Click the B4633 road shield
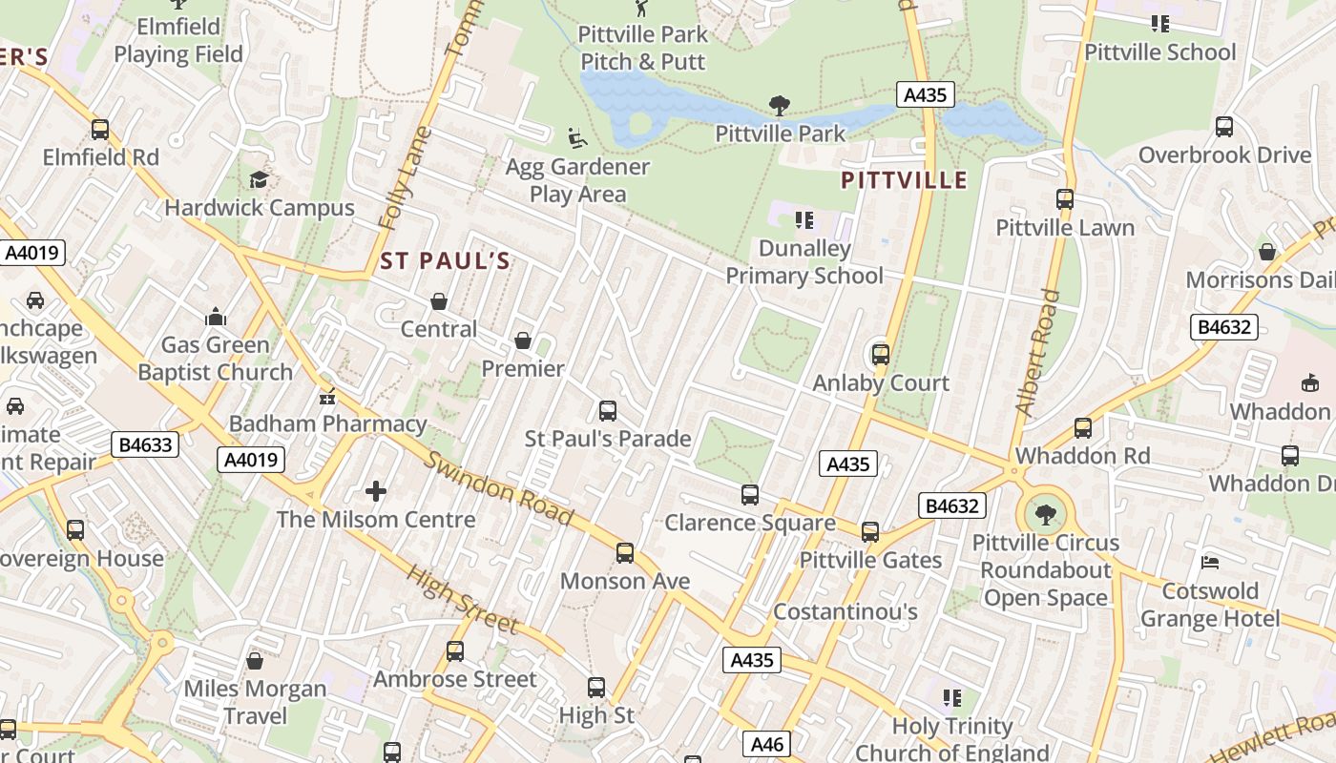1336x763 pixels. tap(145, 444)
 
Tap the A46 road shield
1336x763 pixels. tap(767, 744)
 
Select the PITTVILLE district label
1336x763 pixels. tap(905, 179)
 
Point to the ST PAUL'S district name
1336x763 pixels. tap(445, 260)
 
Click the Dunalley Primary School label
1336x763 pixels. tap(804, 262)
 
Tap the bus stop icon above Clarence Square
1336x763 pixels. tap(750, 495)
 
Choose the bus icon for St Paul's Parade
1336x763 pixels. tap(607, 411)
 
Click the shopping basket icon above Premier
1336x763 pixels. tap(523, 340)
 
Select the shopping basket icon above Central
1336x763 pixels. tap(439, 301)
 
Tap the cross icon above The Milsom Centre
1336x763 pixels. tap(376, 491)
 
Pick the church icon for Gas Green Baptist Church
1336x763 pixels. tap(216, 317)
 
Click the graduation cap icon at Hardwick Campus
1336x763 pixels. tap(259, 179)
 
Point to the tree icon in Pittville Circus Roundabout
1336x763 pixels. tap(1046, 515)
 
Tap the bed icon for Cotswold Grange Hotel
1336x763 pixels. tap(1210, 563)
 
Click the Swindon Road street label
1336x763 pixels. tap(498, 487)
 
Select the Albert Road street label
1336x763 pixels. tap(1038, 353)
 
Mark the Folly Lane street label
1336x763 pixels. tap(405, 179)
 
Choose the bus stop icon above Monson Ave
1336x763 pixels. tap(625, 552)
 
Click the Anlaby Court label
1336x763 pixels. tap(881, 383)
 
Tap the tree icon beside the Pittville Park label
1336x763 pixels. tap(780, 105)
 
